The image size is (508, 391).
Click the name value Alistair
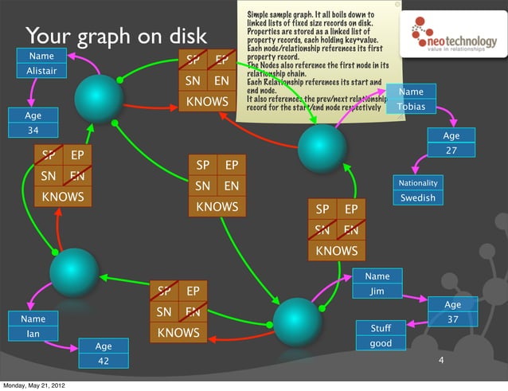(41, 71)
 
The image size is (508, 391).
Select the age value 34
(33, 130)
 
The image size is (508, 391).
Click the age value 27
(451, 150)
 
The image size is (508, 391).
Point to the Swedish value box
(418, 197)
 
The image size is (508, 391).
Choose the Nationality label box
(418, 183)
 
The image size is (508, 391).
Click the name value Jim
(377, 291)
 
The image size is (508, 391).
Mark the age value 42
(103, 361)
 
